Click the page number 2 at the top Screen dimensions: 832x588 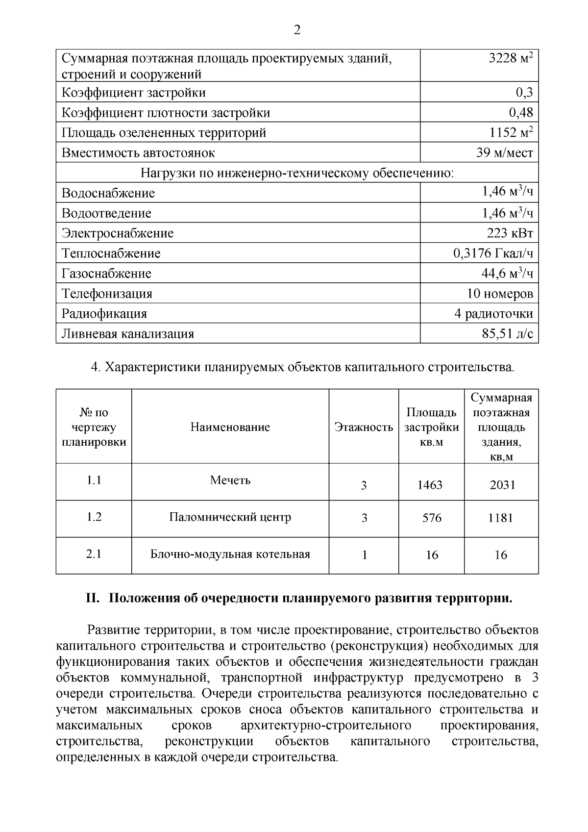click(x=297, y=30)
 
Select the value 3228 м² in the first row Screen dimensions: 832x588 click(x=511, y=58)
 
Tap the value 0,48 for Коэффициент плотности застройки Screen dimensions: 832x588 click(x=521, y=113)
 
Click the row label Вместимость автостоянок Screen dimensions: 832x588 click(x=138, y=153)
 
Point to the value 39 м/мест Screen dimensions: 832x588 click(x=504, y=153)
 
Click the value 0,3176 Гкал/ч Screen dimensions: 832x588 click(x=493, y=253)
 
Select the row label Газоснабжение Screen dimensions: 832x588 click(x=106, y=274)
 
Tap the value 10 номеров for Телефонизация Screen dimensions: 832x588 click(x=500, y=294)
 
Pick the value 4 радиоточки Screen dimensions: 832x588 click(x=493, y=314)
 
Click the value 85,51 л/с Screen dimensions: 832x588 click(x=508, y=334)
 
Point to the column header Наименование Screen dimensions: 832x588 click(x=230, y=427)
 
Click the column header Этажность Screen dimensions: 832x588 click(x=364, y=427)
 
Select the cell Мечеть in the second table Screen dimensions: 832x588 click(x=230, y=480)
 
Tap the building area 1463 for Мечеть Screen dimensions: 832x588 click(x=430, y=485)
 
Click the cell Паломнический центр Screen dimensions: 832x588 click(x=230, y=517)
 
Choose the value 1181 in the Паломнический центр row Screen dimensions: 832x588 click(x=500, y=518)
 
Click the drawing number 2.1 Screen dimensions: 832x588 click(x=94, y=554)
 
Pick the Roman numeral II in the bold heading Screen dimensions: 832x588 click(x=93, y=599)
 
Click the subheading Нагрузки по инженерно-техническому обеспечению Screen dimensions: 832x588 click(x=297, y=173)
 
